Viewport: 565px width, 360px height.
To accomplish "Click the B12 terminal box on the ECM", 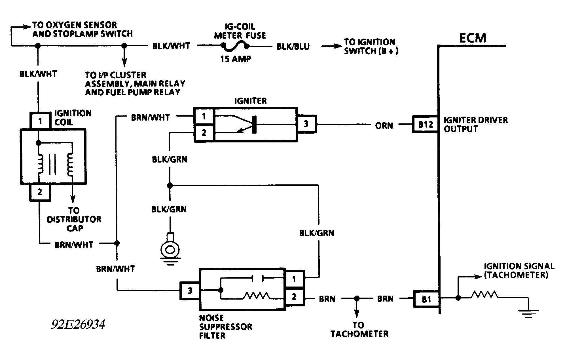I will click(425, 124).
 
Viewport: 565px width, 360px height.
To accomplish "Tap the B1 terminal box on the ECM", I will click(426, 299).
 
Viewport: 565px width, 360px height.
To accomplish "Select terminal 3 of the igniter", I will click(306, 124).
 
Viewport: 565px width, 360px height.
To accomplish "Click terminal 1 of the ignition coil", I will click(40, 121).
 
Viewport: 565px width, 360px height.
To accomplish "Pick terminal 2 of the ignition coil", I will click(40, 192).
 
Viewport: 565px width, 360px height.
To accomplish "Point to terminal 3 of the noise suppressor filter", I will click(190, 290).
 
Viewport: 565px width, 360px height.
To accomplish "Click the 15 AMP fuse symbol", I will click(235, 45).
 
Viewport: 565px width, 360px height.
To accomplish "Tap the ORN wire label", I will click(384, 125).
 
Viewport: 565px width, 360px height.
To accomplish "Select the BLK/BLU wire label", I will click(293, 47).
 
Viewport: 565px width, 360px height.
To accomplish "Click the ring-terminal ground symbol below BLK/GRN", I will click(170, 250).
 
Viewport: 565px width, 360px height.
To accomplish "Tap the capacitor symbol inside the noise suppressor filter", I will click(257, 279).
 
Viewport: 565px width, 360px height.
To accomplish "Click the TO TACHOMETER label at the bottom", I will click(359, 329).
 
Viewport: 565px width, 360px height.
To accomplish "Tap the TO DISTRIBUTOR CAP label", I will click(74, 219).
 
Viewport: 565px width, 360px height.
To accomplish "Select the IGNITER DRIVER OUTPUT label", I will click(475, 124).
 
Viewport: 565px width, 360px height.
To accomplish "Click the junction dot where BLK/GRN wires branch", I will click(170, 186).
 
